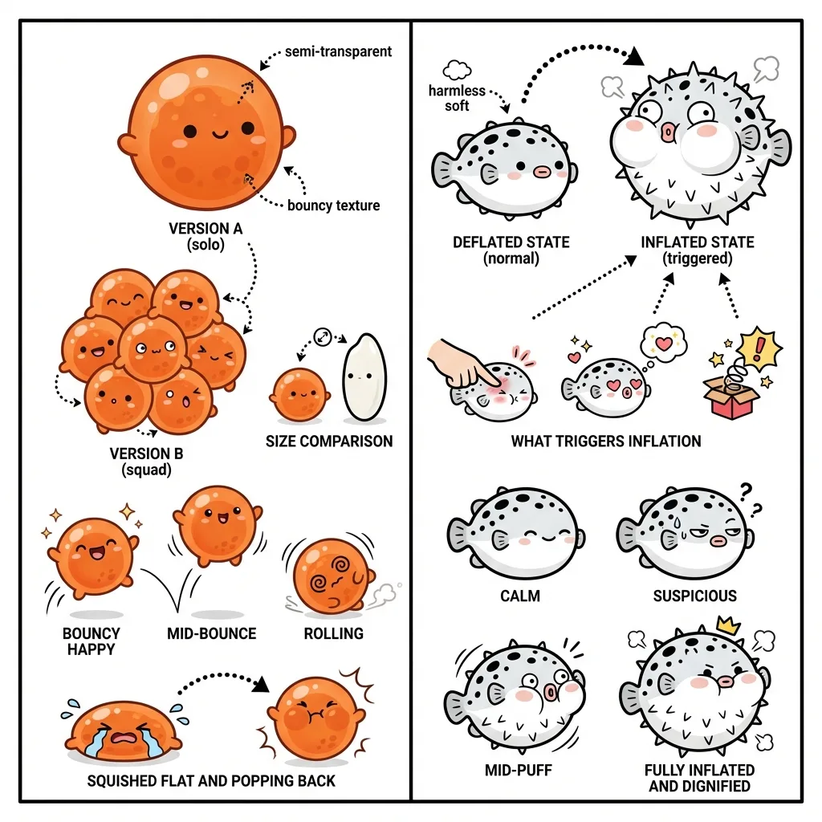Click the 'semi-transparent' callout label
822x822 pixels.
pyautogui.click(x=338, y=52)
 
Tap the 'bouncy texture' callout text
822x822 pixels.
pyautogui.click(x=333, y=205)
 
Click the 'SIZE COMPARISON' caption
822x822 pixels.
pyautogui.click(x=329, y=442)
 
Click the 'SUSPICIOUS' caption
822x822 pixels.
pyautogui.click(x=695, y=596)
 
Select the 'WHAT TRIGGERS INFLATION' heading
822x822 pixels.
pyautogui.click(x=606, y=442)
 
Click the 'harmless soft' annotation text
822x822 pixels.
pyautogui.click(x=457, y=98)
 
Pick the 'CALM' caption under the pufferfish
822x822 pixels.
pyautogui.click(x=519, y=596)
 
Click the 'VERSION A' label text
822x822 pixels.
pyautogui.click(x=205, y=229)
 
